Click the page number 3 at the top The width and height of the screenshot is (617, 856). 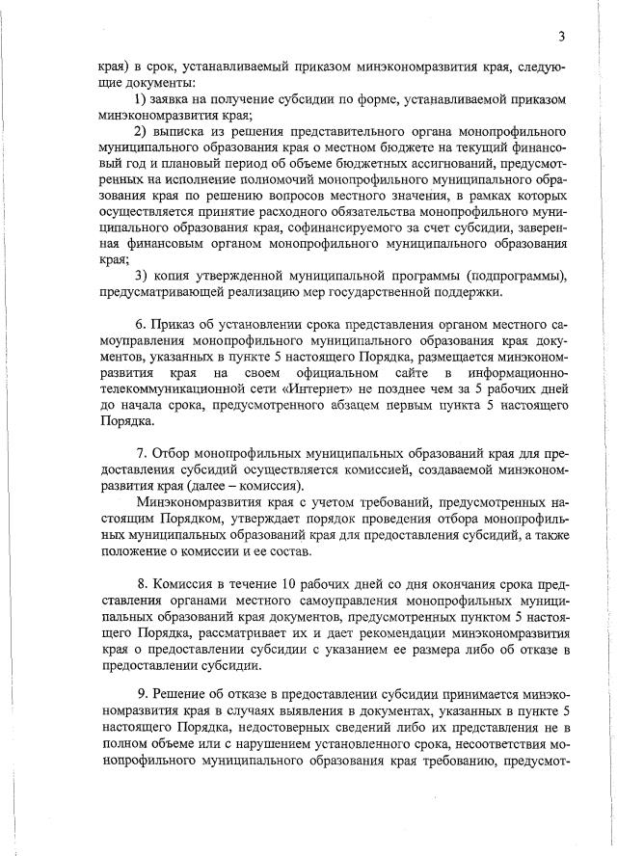[x=559, y=38]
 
